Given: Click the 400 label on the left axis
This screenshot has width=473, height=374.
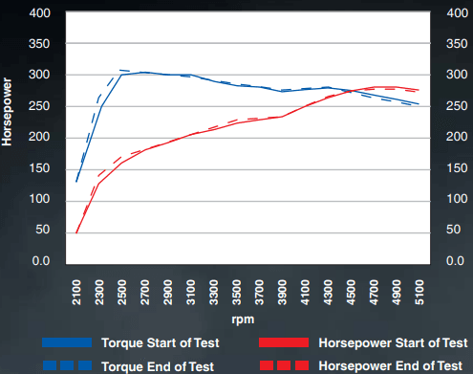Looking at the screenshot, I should (x=40, y=14).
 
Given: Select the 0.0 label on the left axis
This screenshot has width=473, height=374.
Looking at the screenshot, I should (x=41, y=261).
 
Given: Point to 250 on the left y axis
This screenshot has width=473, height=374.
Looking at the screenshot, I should (x=40, y=106).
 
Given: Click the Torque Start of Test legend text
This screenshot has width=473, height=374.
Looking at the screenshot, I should (x=161, y=342).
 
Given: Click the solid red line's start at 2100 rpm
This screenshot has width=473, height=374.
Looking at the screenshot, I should (x=76, y=231).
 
